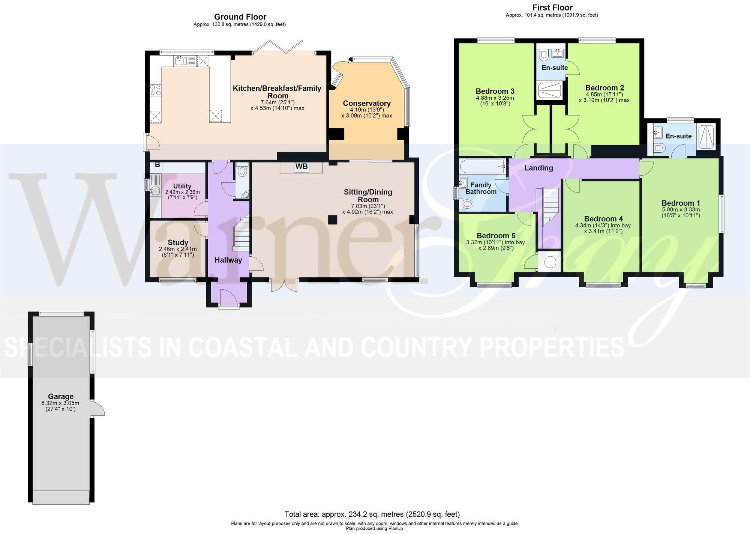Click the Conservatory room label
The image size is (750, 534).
coord(367,103)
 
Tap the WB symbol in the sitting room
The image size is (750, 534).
coord(301,166)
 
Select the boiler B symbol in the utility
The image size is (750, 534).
coord(157,165)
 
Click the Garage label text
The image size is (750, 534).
coord(61,396)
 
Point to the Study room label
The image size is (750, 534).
coord(178,242)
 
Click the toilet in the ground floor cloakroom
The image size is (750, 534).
coord(243,171)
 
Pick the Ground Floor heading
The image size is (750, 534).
coord(240,17)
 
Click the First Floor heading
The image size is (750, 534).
coord(552,8)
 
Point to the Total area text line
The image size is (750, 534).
coord(372,514)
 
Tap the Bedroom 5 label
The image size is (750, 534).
coord(496,236)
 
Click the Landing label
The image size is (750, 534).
coord(538,168)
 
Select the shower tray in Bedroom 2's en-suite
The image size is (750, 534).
coord(550,90)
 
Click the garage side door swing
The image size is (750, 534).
coord(99,408)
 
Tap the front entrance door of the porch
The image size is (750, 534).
coord(229,300)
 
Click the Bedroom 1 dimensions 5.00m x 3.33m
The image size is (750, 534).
coord(681,209)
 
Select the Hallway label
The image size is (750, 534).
coord(228,260)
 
